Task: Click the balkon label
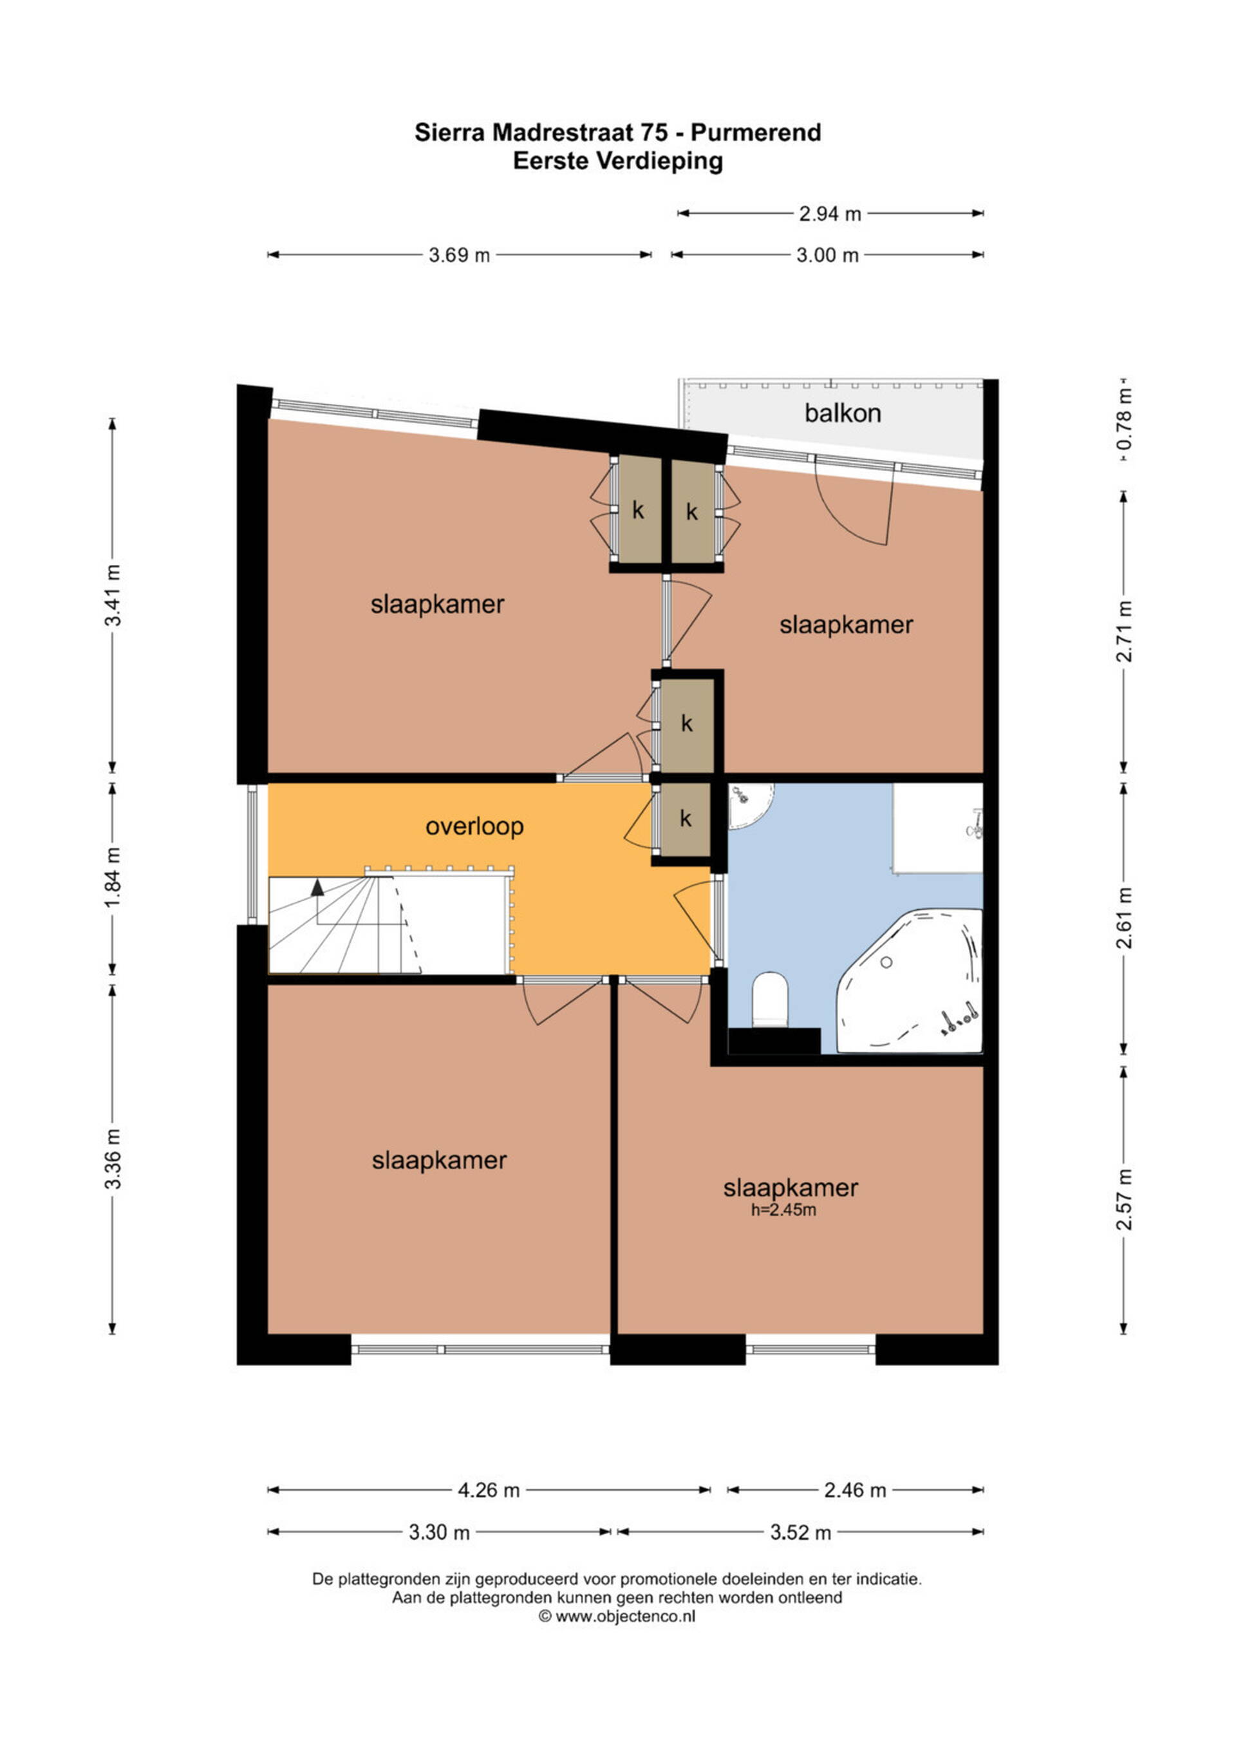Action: tap(843, 413)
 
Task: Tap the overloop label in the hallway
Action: tap(474, 827)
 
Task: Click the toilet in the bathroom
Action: tap(769, 999)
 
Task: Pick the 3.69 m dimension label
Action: tap(459, 255)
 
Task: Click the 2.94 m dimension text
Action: tap(830, 214)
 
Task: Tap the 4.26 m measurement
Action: tap(489, 1490)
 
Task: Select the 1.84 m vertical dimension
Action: tap(113, 878)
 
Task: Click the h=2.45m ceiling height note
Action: tap(783, 1210)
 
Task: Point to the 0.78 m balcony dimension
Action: tap(1124, 419)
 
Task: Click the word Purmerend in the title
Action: tap(756, 133)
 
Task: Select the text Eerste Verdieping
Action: tap(618, 162)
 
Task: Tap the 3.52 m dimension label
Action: tap(801, 1532)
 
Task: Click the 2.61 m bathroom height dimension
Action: tap(1124, 918)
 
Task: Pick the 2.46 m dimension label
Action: tap(856, 1490)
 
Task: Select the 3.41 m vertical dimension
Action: tap(113, 594)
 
